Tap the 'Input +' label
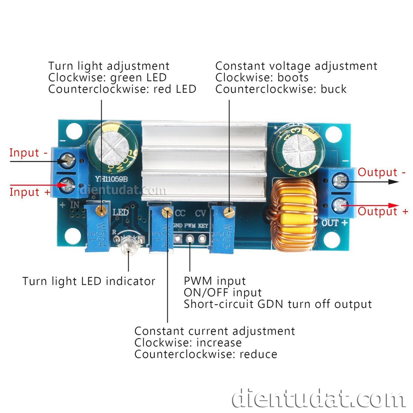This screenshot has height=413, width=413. click(30, 192)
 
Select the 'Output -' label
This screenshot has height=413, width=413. click(382, 172)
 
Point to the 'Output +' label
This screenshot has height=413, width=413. click(383, 211)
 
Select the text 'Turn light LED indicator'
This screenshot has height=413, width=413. click(89, 281)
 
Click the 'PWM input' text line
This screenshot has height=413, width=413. click(215, 281)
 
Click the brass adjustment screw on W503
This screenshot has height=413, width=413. click(229, 211)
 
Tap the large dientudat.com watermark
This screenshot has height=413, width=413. click(319, 398)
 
